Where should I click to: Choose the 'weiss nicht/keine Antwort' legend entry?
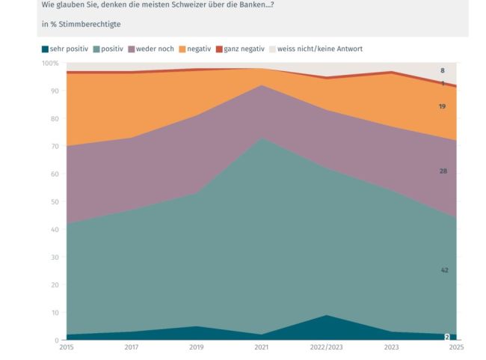pos(321,49)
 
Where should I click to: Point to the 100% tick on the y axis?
pos(52,64)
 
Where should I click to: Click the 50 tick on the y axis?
pos(55,202)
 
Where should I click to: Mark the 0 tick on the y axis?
pos(57,341)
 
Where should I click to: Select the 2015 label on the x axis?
pos(67,347)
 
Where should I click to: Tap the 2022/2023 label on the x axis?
pos(326,347)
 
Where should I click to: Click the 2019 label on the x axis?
pos(196,347)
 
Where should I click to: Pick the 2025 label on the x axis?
pos(456,347)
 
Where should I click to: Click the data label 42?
pos(444,269)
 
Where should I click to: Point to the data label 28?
pos(444,171)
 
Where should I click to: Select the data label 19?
pos(443,106)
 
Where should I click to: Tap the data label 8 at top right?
pos(443,70)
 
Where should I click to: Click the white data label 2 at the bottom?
pos(447,338)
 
